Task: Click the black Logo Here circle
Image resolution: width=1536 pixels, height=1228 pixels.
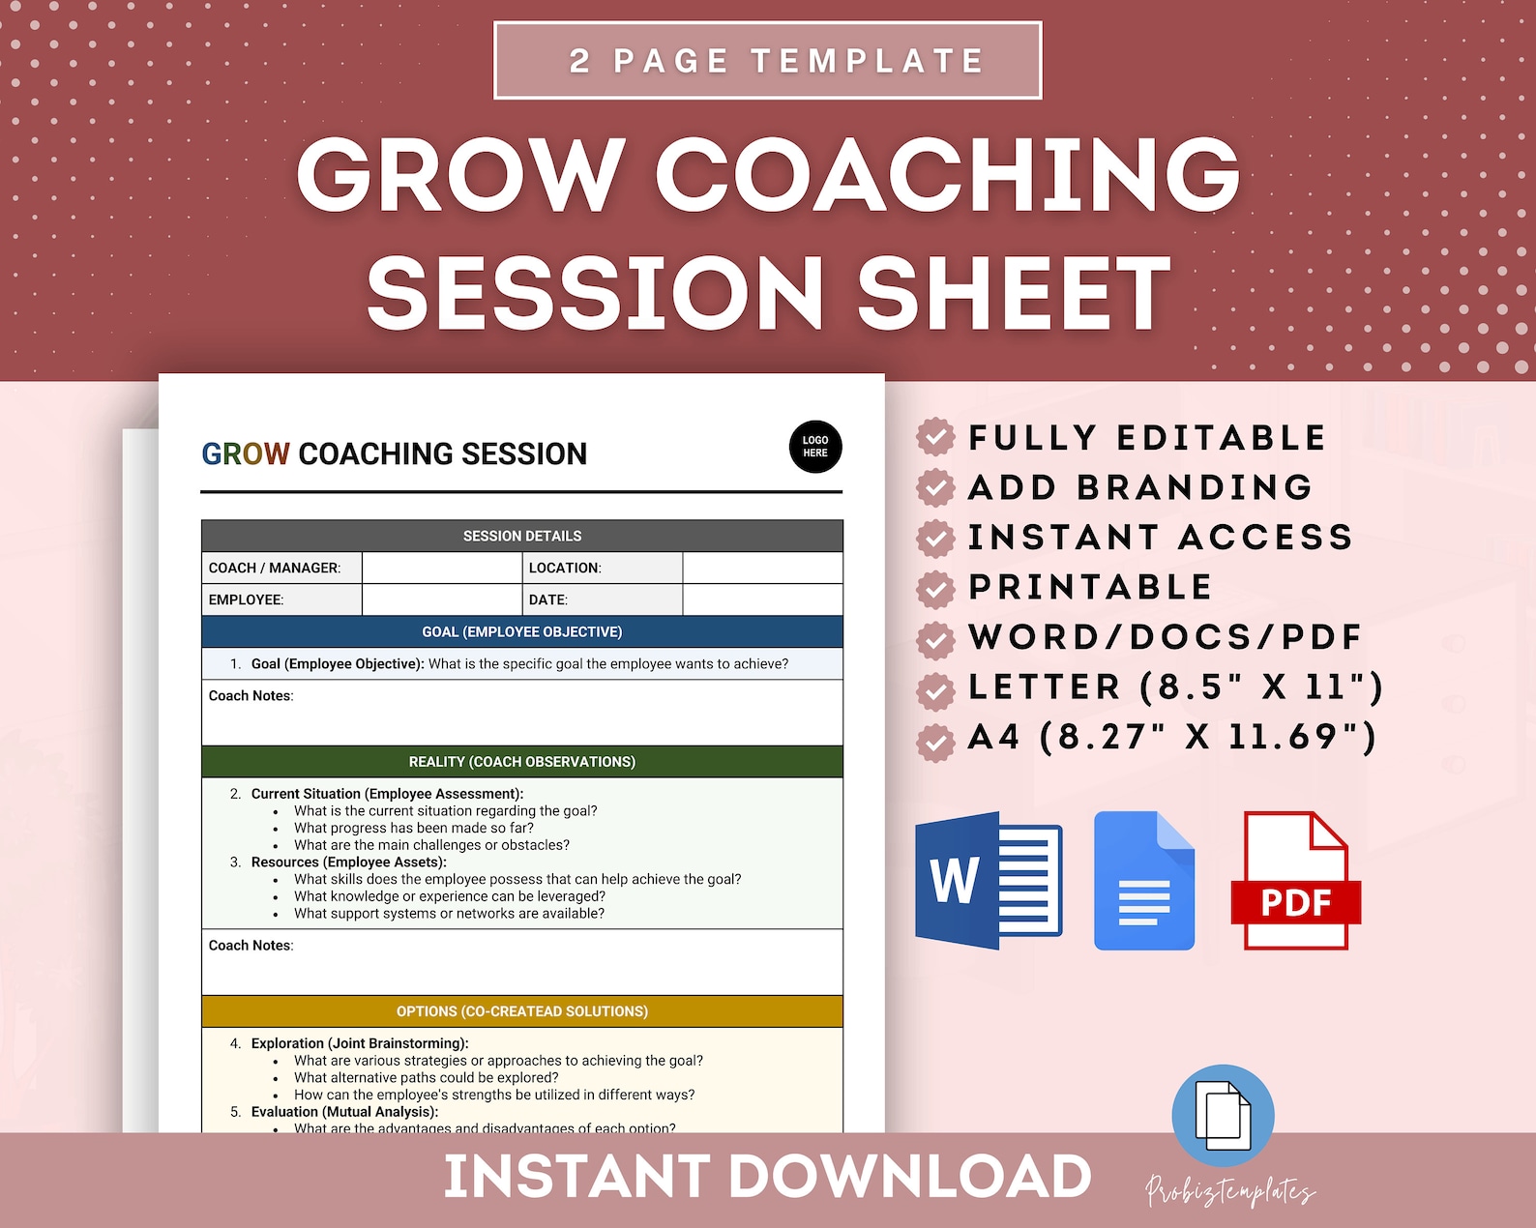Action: pyautogui.click(x=815, y=447)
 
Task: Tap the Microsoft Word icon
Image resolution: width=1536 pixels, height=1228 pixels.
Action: pyautogui.click(x=989, y=881)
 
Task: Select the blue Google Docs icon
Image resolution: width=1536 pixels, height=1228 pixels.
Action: pyautogui.click(x=1144, y=881)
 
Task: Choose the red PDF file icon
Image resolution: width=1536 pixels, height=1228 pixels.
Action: pyautogui.click(x=1295, y=881)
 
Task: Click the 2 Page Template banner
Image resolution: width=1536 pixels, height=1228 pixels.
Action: pyautogui.click(x=767, y=60)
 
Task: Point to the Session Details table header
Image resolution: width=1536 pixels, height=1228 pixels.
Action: pyautogui.click(x=521, y=536)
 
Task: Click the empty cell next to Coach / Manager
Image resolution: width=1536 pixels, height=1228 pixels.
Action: pyautogui.click(x=442, y=568)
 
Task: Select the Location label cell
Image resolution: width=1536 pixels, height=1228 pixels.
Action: pyautogui.click(x=603, y=568)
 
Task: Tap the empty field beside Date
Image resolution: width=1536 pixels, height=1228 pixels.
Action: pyautogui.click(x=762, y=599)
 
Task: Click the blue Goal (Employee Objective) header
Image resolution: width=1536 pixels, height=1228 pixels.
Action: pyautogui.click(x=521, y=631)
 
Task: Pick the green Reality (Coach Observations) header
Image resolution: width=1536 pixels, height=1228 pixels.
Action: pyautogui.click(x=521, y=761)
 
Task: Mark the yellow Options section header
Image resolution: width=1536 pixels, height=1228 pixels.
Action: pyautogui.click(x=521, y=1011)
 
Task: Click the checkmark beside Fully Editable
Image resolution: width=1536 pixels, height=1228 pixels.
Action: pyautogui.click(x=935, y=437)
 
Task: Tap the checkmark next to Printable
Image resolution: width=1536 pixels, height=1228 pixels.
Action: pyautogui.click(x=935, y=587)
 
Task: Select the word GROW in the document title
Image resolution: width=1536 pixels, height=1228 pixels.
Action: pyautogui.click(x=246, y=453)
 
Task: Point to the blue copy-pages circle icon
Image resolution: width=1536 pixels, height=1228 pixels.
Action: pyautogui.click(x=1223, y=1115)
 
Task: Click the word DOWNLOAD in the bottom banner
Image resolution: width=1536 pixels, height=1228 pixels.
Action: pyautogui.click(x=910, y=1177)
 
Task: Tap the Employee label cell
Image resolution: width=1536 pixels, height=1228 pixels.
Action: pyautogui.click(x=281, y=599)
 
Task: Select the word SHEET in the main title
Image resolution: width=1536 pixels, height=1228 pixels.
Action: pyautogui.click(x=1014, y=294)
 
